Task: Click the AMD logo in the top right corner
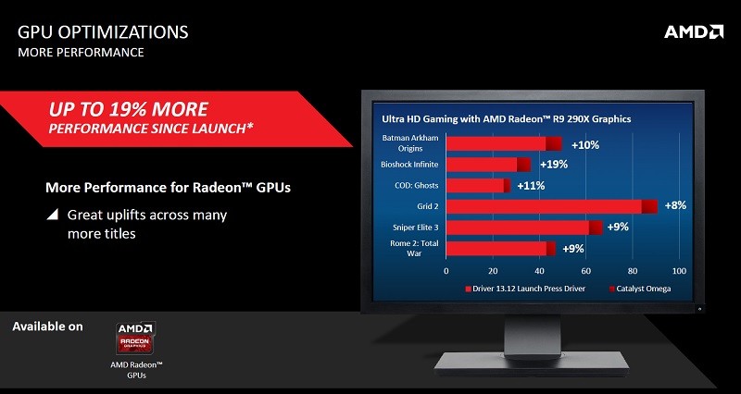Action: pos(693,32)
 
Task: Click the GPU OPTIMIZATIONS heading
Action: pos(103,32)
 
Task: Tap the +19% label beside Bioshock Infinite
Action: pos(554,165)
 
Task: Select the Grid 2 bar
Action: pos(552,206)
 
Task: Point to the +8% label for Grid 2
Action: pos(675,205)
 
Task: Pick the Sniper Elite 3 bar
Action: pos(524,228)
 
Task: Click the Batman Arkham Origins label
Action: pos(409,143)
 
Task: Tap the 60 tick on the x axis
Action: pos(585,271)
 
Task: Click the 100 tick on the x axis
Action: pos(679,271)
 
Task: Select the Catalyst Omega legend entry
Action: pos(640,289)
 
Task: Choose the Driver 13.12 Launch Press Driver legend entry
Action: pos(525,289)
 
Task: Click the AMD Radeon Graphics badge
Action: pos(135,338)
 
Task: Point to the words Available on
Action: pos(47,326)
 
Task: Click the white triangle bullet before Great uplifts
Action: pos(53,215)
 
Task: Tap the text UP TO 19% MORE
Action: pos(128,109)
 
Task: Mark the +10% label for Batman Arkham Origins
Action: pos(585,145)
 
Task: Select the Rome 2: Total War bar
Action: pos(501,249)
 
